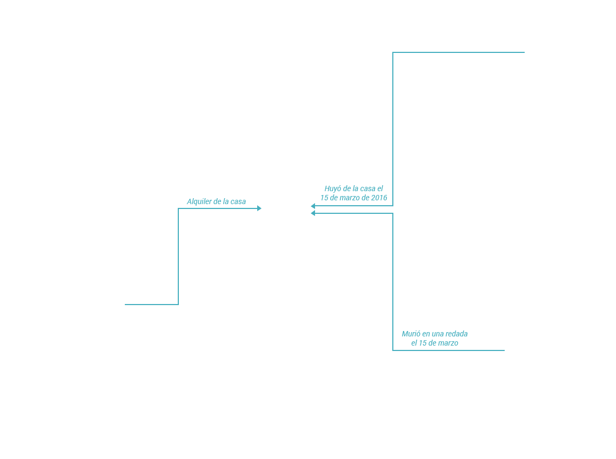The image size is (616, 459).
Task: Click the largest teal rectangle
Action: point(420,129)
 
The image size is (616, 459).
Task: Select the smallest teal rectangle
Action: point(192,256)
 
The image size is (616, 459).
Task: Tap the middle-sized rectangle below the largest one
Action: point(409,281)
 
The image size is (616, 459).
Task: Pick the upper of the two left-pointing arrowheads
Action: point(313,206)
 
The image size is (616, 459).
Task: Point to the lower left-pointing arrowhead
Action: point(313,212)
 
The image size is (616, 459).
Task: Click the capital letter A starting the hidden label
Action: point(189,202)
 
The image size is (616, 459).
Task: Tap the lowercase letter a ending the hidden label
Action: point(244,202)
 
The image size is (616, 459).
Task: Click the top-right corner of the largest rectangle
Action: point(524,52)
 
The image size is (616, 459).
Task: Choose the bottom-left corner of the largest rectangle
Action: point(316,206)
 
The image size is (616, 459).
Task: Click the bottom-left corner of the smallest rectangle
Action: point(125,305)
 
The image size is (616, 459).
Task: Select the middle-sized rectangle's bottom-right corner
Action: point(504,350)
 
